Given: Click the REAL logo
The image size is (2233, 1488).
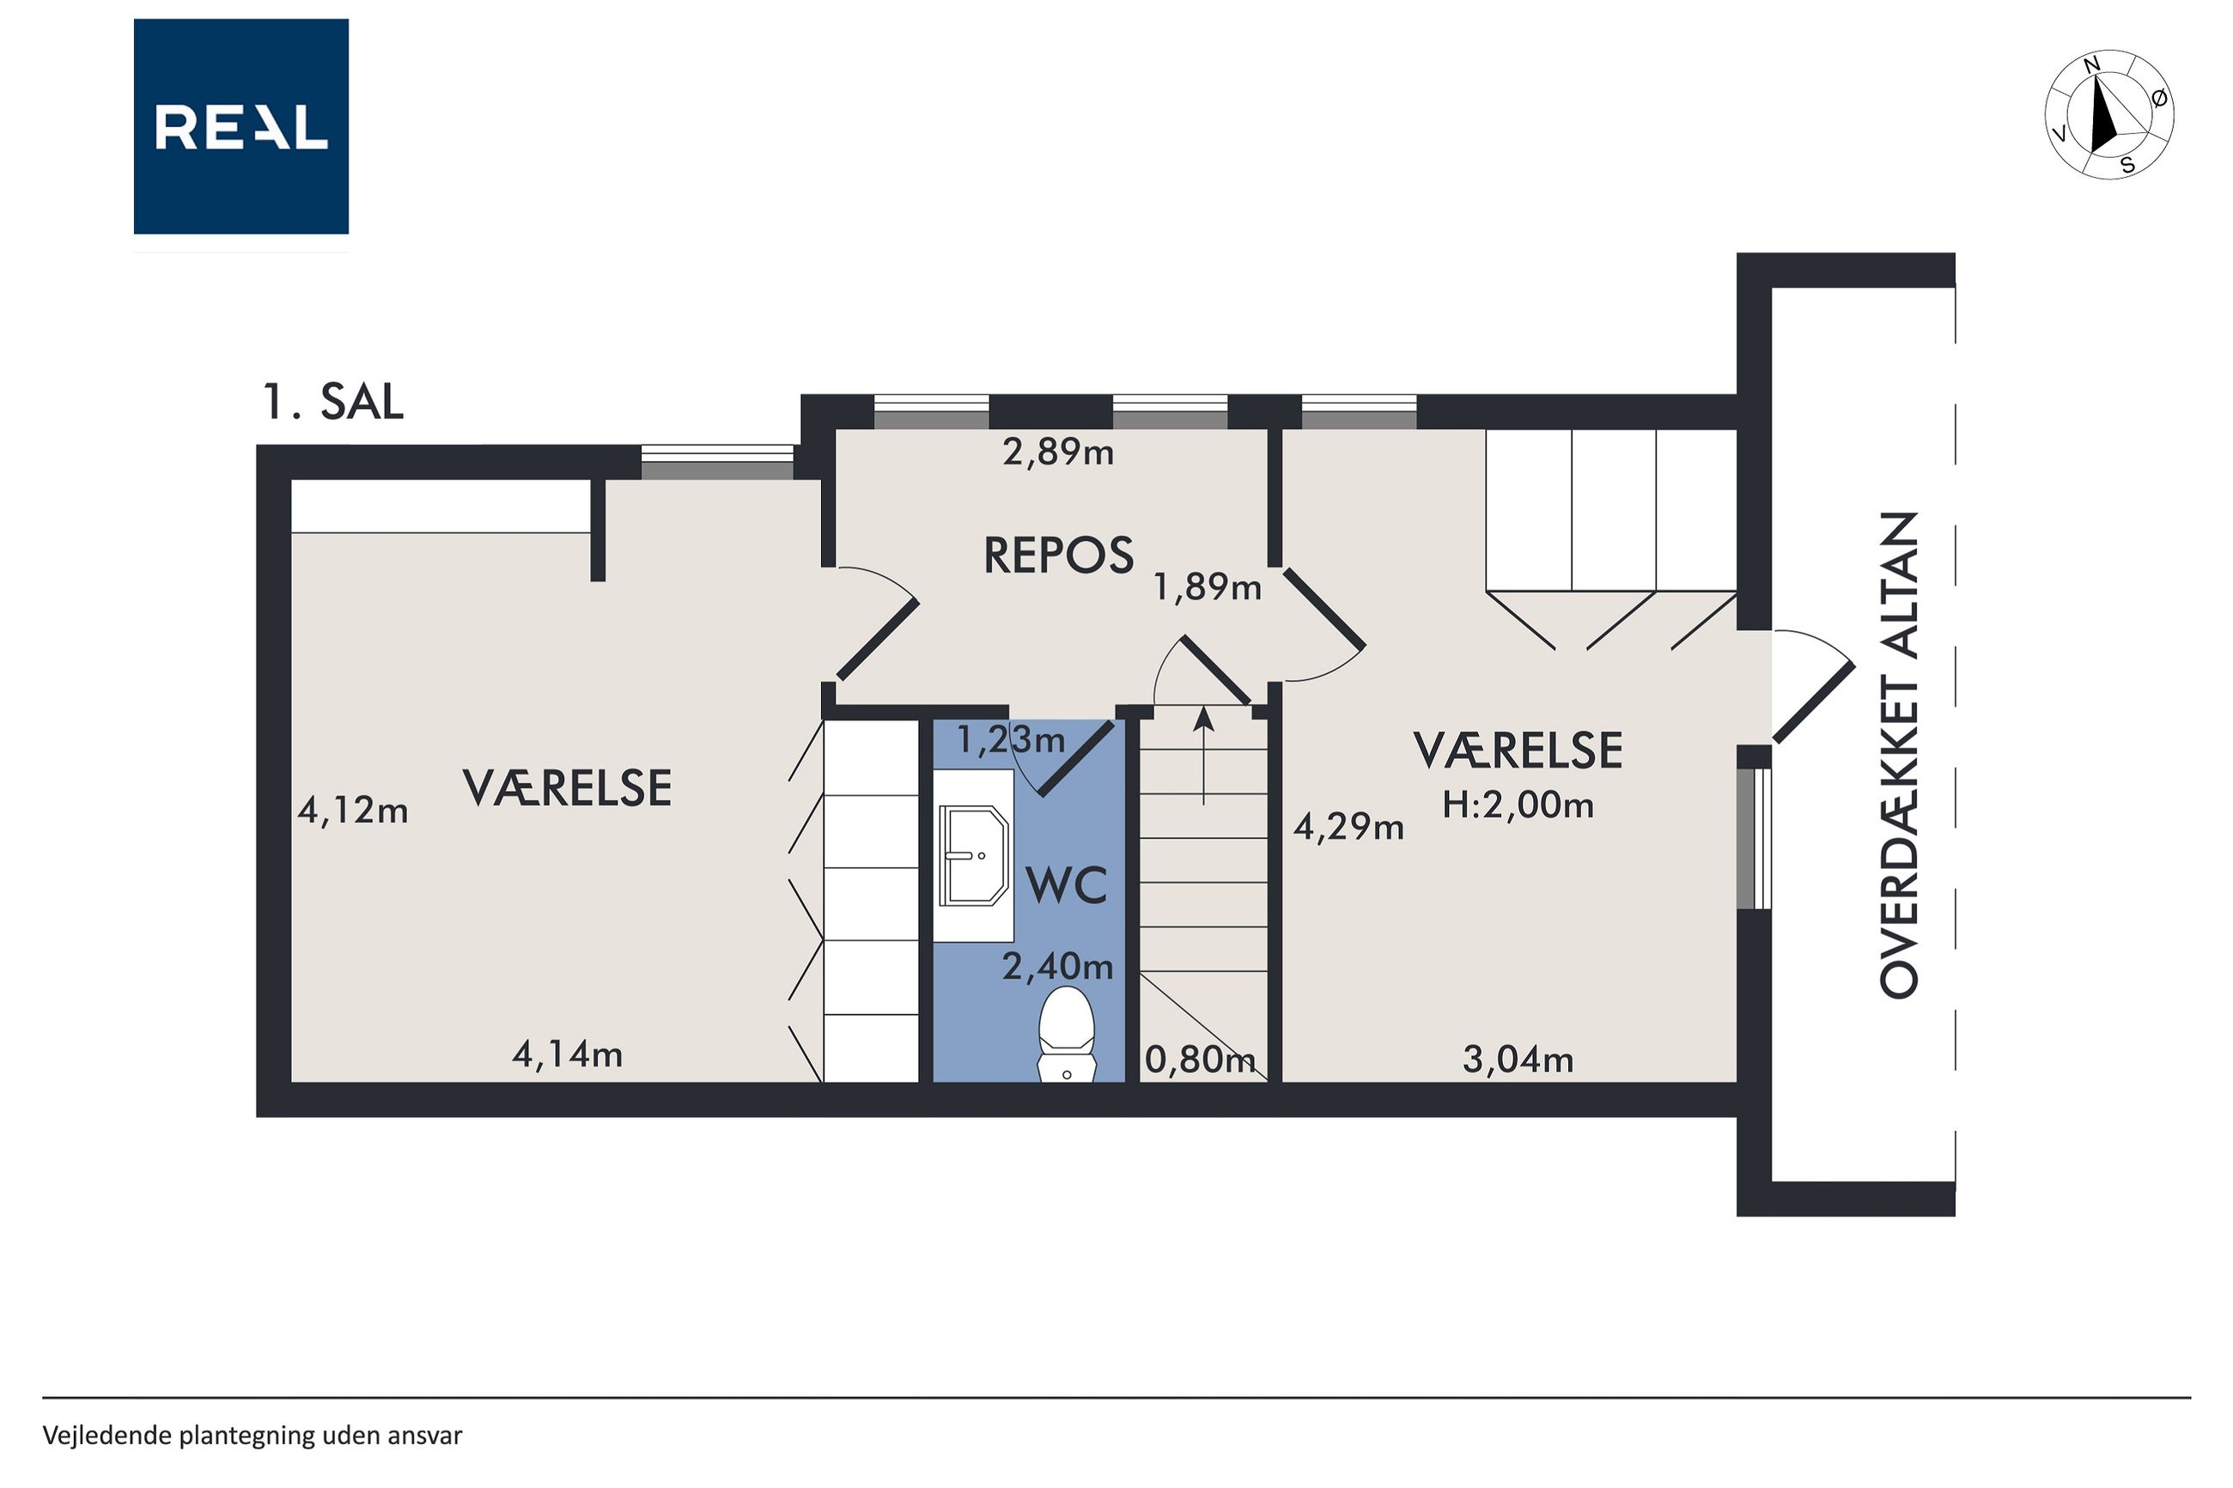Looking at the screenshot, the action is [241, 126].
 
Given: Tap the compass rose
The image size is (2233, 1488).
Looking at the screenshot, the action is [2108, 115].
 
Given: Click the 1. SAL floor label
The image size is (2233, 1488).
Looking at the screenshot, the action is [332, 403].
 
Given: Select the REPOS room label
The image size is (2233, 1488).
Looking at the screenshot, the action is [1058, 556].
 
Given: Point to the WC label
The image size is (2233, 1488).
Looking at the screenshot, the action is [1067, 885].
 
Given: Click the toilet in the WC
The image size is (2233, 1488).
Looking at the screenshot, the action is [1067, 1035].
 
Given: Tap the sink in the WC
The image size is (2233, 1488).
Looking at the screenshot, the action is [974, 855].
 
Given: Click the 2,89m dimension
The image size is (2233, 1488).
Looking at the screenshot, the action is [1058, 452].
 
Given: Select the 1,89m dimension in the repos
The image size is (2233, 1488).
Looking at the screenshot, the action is [1208, 587].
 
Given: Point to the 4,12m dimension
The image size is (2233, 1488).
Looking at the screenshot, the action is [353, 811].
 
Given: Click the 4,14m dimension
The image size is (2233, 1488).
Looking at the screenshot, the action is [568, 1054].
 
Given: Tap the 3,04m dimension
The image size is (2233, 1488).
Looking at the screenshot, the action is [1518, 1059].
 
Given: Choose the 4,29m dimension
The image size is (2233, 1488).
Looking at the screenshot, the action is [1348, 828].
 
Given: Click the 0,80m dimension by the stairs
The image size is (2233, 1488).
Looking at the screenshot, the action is [1201, 1059].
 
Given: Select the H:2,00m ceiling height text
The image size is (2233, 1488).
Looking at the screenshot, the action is [1518, 805].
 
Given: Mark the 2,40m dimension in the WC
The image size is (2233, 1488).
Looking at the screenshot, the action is [1058, 966].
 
